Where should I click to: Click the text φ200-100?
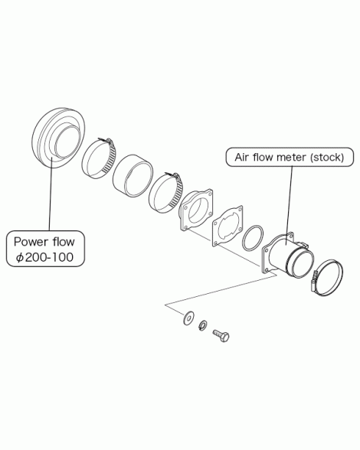(45, 257)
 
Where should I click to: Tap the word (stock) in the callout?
(327, 158)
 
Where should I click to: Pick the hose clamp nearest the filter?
(99, 158)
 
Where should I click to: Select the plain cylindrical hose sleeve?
(133, 176)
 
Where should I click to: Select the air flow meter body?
(287, 255)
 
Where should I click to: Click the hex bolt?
(221, 335)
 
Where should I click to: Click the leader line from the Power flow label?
(51, 193)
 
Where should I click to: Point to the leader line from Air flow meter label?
(290, 206)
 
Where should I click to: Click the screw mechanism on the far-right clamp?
(314, 282)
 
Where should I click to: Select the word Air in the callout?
(241, 158)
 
